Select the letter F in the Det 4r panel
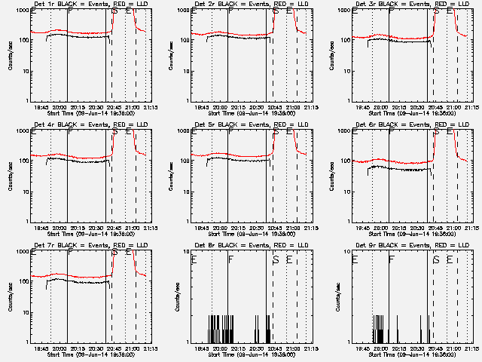[x=70, y=132]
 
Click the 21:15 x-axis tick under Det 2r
[x=311, y=107]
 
